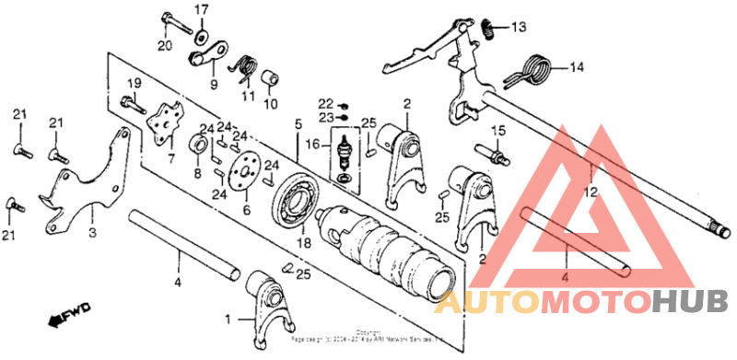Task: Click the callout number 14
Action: pos(576,66)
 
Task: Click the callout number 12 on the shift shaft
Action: pos(591,192)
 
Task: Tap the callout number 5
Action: pos(298,123)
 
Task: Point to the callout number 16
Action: pos(313,145)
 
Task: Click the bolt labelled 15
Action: pos(490,151)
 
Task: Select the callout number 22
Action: pos(325,102)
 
